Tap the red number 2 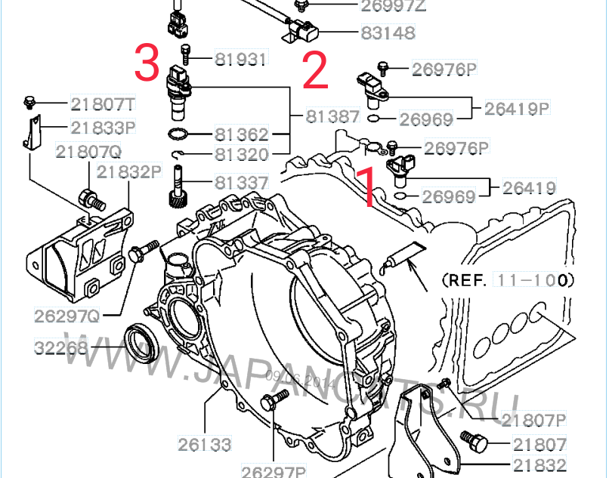pos(314,70)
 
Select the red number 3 pos(147,61)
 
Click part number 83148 pos(387,34)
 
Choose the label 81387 pos(332,117)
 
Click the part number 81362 pos(242,135)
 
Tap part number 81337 pos(242,183)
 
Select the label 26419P pos(517,108)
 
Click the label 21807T pos(104,103)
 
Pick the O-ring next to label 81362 pos(178,135)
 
